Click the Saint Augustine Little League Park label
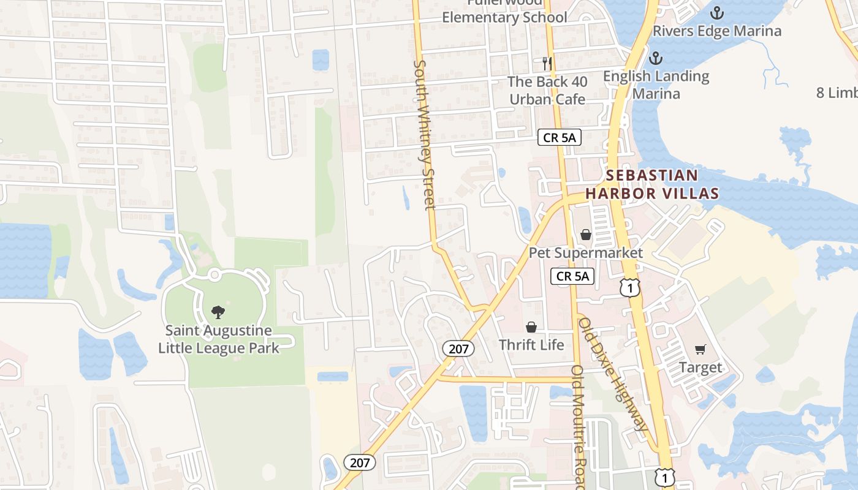(x=219, y=339)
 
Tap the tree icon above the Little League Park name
(x=218, y=312)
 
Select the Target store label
(x=700, y=367)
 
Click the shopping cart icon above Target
(x=700, y=350)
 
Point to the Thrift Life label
(x=531, y=345)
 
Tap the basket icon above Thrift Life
(x=531, y=327)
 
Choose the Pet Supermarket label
(x=586, y=253)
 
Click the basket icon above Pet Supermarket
(x=586, y=235)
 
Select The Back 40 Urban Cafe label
(x=547, y=90)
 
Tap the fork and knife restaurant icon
(x=547, y=63)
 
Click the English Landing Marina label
(x=656, y=85)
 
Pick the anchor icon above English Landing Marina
(x=656, y=59)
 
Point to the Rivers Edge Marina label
(x=717, y=31)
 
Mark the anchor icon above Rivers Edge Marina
(x=716, y=12)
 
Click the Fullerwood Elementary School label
(x=504, y=13)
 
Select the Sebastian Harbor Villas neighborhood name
(x=652, y=184)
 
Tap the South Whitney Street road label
(x=424, y=135)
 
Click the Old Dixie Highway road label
(x=613, y=374)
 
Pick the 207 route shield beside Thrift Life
(x=458, y=349)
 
